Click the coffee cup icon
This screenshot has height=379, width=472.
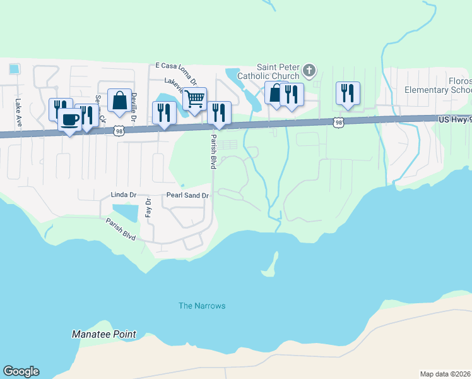tap(70, 119)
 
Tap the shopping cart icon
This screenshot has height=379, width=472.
tap(195, 98)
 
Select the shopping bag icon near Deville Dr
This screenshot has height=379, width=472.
tap(119, 100)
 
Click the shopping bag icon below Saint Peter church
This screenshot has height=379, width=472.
tap(276, 92)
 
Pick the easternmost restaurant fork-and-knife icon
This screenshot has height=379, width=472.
tap(348, 93)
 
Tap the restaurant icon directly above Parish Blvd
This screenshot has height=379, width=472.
tap(219, 112)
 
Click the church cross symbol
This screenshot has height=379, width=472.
tap(309, 69)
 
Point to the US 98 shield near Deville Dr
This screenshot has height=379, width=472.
tap(119, 131)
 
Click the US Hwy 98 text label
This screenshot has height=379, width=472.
tap(455, 119)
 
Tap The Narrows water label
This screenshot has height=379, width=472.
tap(202, 306)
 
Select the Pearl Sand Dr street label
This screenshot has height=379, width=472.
tap(187, 196)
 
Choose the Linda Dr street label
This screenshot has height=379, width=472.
tap(123, 195)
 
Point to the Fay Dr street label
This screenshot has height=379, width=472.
tap(148, 208)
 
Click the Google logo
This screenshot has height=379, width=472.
tap(21, 371)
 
